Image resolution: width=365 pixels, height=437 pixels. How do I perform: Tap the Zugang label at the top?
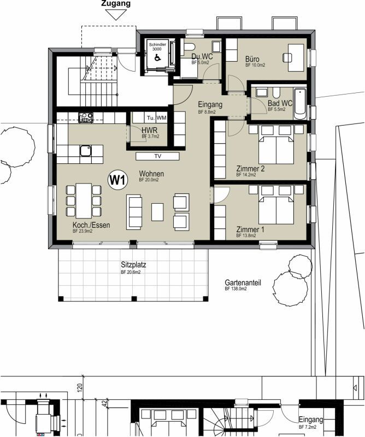coord(116,4)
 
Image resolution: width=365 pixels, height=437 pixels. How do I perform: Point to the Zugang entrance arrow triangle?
coord(116,15)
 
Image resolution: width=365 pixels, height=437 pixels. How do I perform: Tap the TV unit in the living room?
coord(158,156)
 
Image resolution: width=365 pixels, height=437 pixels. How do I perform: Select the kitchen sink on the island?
coord(85,150)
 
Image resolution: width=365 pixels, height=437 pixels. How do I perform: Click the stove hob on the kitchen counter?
coord(85,117)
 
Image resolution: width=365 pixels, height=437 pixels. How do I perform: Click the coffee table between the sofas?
coord(157,211)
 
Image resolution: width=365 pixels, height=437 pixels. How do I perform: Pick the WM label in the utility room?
coord(161,118)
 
